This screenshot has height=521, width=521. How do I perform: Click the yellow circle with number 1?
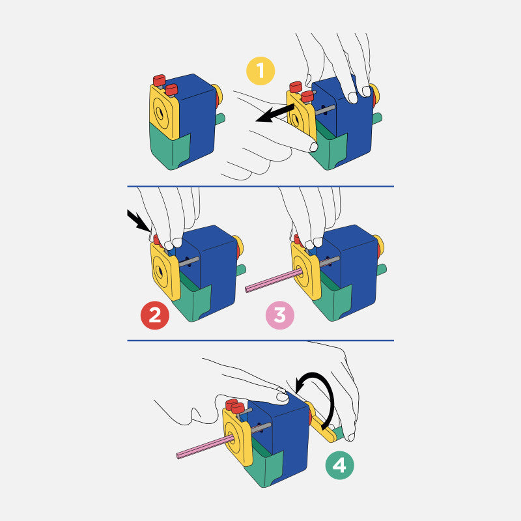pos(261,71)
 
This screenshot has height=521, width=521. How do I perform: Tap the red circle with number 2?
pos(155,316)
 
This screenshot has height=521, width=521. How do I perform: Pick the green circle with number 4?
pos(339,465)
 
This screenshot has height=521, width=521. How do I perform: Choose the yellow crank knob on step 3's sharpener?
pos(377,247)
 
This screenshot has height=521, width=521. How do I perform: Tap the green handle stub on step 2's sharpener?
pos(240,269)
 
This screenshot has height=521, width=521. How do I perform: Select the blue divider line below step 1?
pos(260,186)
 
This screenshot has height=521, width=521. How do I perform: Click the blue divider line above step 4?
pos(260,340)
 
